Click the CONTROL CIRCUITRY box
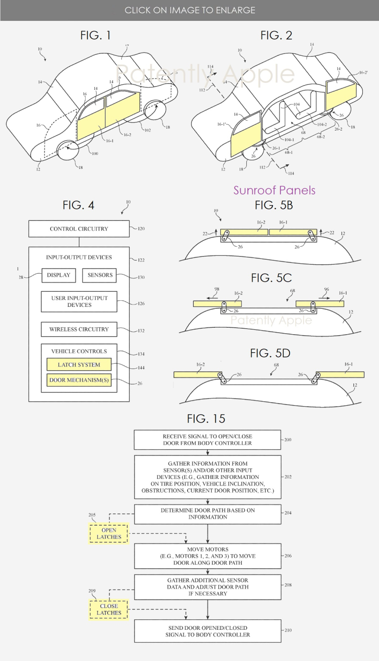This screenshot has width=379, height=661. coord(79,229)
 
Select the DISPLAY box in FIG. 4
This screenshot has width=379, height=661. coord(58,275)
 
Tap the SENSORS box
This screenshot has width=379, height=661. coord(99,275)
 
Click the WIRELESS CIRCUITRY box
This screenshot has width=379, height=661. coord(79,330)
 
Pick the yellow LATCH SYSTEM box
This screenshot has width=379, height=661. coord(79,365)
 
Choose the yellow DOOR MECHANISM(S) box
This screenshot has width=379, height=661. coord(79,380)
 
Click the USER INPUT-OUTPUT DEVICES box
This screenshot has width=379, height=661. coord(79,302)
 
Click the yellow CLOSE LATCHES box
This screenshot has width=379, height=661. coord(108,609)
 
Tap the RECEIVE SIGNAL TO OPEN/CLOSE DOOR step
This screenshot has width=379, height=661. coord(208,440)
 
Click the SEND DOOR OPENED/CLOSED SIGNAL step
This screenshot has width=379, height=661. coord(208,631)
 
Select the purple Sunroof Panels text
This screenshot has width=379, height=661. coord(274,191)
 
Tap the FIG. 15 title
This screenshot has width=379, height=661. coord(206,419)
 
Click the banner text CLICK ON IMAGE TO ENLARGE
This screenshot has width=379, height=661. coord(189,10)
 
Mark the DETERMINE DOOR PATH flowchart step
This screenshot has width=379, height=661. coord(208,513)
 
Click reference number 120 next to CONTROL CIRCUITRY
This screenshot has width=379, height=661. coord(141,229)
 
